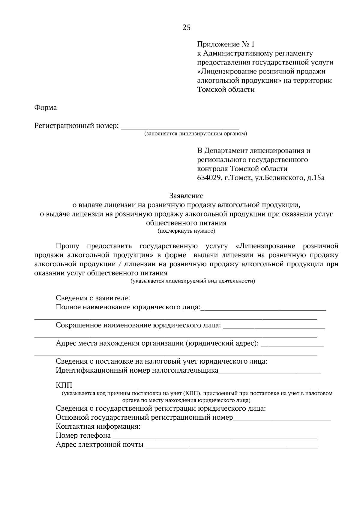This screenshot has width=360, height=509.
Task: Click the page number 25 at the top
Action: (186, 28)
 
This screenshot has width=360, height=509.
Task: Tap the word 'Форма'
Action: (45, 108)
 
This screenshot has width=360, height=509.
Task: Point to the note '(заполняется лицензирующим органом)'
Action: (195, 133)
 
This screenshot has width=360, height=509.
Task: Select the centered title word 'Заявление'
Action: (186, 196)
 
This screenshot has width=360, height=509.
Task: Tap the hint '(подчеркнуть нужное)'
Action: (186, 231)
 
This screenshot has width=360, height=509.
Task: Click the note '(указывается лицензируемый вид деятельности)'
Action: (192, 281)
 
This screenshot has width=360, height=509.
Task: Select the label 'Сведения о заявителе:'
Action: (93, 298)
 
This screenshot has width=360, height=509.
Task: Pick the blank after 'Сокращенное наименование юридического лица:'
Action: (274, 327)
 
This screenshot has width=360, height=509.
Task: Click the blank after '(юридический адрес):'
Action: (292, 345)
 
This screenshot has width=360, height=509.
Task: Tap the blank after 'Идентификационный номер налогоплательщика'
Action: (269, 372)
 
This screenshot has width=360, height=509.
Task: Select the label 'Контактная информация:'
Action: (98, 427)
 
